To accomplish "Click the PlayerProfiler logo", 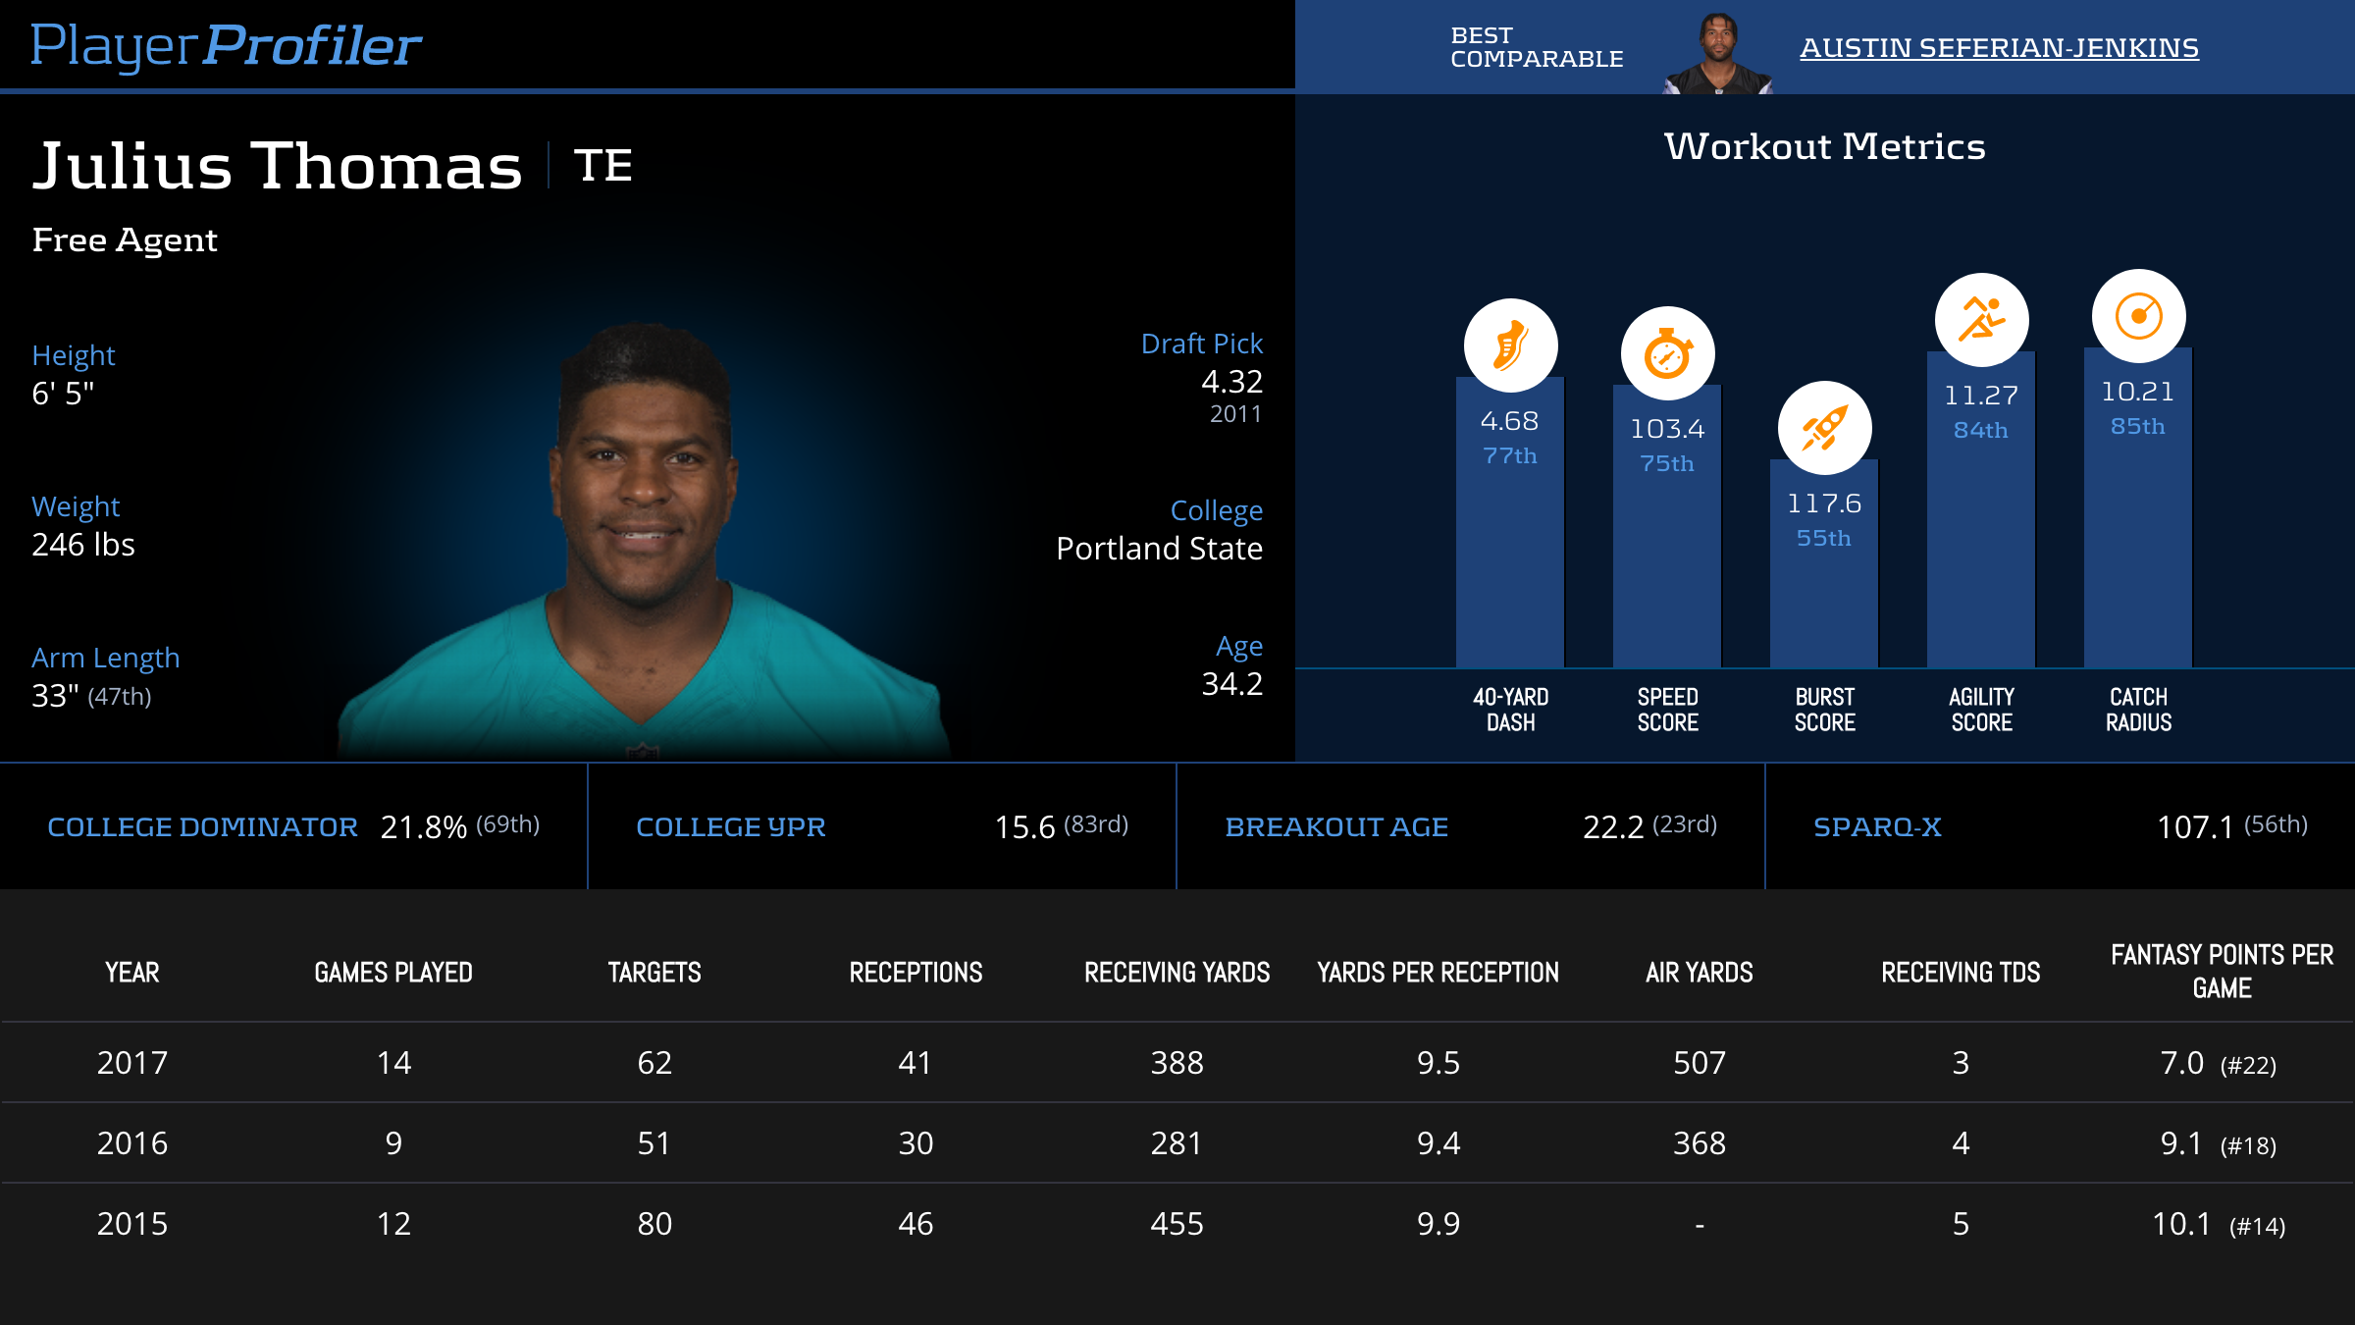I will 226,46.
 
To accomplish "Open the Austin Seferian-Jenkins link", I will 1999,48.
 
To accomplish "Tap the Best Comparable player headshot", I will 1717,54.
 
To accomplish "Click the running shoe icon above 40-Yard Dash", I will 1510,345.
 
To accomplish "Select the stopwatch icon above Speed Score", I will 1667,353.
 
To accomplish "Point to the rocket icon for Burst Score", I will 1824,428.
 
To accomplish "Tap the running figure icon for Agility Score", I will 1981,320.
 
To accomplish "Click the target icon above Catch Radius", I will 2138,316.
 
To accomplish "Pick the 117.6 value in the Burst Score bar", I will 1824,503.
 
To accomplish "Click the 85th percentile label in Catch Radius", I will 2138,426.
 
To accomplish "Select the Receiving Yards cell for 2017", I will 1177,1063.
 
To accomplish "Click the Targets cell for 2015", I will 654,1224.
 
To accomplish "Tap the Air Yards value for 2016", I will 1699,1143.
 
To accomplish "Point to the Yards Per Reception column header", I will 1438,973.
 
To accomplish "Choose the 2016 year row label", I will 132,1143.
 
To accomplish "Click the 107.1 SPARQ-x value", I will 2194,827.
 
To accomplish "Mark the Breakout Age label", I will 1336,827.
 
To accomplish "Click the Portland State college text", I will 1159,549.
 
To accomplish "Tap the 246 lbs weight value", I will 83,545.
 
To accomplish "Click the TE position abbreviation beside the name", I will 602,166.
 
